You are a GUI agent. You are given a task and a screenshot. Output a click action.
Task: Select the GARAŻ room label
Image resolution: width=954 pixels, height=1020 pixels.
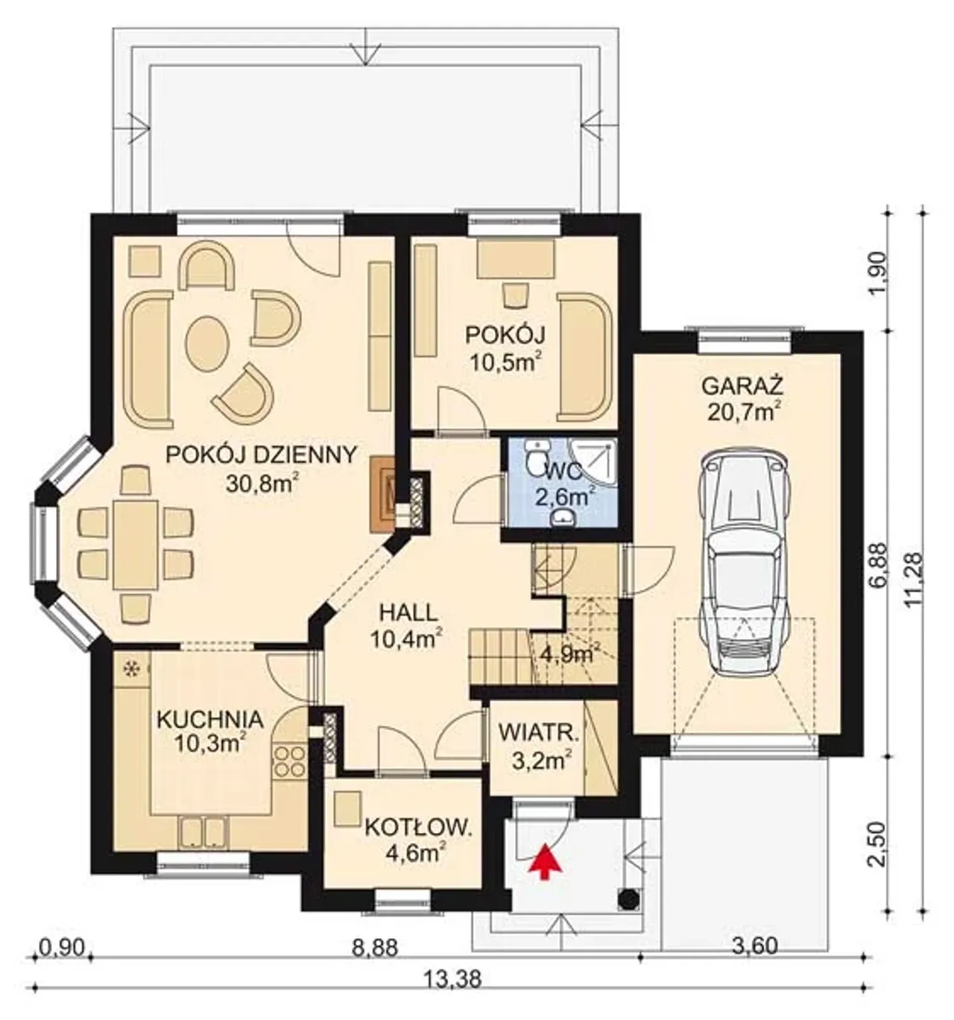(x=742, y=386)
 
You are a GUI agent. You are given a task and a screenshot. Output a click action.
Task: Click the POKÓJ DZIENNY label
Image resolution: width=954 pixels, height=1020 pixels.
(x=261, y=454)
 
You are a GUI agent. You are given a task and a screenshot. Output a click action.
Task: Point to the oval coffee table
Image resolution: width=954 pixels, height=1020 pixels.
(x=207, y=340)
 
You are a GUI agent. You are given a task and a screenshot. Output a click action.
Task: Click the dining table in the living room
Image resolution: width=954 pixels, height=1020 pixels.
(x=136, y=544)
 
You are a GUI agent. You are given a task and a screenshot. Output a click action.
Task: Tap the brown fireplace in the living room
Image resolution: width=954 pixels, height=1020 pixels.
(x=382, y=495)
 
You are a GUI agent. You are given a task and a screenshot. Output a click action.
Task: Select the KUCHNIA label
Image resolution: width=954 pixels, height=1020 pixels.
(x=209, y=720)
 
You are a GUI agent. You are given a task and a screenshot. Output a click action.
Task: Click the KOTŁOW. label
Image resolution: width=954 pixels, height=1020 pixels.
(x=417, y=828)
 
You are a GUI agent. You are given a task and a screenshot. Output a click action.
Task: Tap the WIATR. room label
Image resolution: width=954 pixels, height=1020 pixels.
(x=538, y=734)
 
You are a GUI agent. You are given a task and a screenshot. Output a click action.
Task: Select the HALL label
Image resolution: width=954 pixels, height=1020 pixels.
(x=408, y=612)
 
